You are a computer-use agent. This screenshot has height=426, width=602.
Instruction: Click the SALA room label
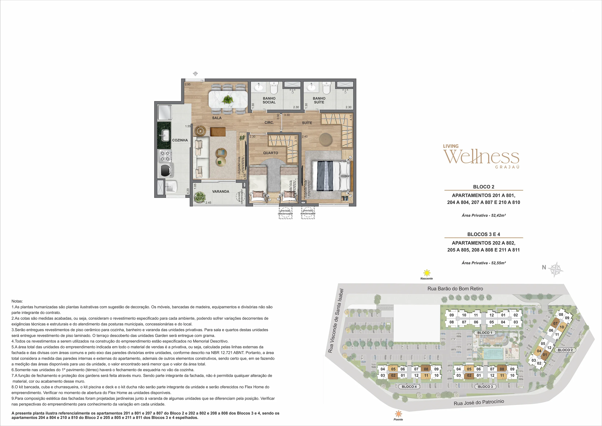pyautogui.click(x=217, y=118)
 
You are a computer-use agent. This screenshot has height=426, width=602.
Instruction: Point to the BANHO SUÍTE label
pyautogui.click(x=319, y=100)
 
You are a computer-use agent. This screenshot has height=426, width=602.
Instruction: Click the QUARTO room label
pyautogui.click(x=271, y=153)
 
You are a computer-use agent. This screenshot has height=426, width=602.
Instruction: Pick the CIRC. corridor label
pyautogui.click(x=269, y=123)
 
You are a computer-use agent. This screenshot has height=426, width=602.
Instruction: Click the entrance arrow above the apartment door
pyautogui.click(x=195, y=74)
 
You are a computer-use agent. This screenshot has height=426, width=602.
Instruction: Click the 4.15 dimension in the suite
pyautogui.click(x=351, y=117)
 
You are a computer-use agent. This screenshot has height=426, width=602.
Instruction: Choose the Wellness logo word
pyautogui.click(x=481, y=157)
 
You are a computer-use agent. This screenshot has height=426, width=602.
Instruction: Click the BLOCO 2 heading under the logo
pyautogui.click(x=483, y=187)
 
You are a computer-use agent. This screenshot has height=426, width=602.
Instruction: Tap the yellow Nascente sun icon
pyautogui.click(x=427, y=273)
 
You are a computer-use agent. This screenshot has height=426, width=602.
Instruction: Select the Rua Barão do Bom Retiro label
pyautogui.click(x=455, y=288)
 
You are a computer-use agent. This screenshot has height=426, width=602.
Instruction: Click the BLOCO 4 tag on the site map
pyautogui.click(x=409, y=387)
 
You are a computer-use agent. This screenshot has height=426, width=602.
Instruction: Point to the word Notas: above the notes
pyautogui.click(x=17, y=301)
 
